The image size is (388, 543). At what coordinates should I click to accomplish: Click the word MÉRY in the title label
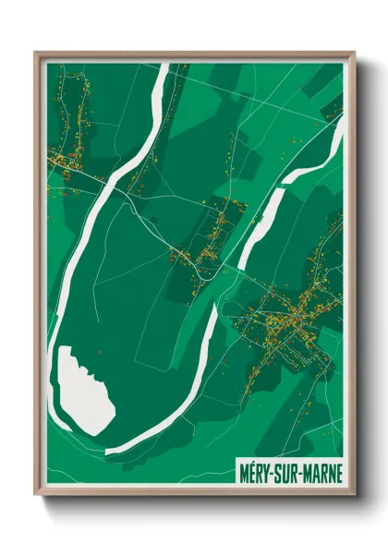[x=255, y=472]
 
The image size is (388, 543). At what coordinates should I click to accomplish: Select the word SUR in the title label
[x=286, y=472]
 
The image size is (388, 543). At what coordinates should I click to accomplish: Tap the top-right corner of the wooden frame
[x=354, y=52]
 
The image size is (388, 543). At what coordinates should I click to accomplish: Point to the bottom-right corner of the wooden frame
[x=354, y=496]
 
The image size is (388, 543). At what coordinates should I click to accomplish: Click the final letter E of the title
[x=337, y=472]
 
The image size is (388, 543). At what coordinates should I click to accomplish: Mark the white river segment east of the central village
[x=255, y=222]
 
